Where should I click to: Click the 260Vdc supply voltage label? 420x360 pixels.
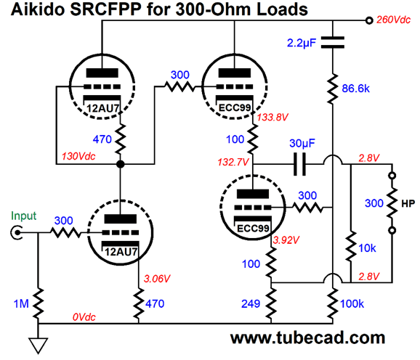[x=393, y=20]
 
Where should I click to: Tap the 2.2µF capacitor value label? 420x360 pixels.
[x=302, y=43]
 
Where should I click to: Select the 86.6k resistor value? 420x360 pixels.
[x=355, y=89]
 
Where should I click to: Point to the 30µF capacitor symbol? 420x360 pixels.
[x=299, y=164]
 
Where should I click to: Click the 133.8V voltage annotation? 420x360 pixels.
[x=272, y=117]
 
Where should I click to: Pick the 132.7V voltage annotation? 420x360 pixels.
[x=233, y=162]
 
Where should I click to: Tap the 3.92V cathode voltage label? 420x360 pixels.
[x=286, y=240]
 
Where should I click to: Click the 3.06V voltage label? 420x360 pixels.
[x=157, y=279]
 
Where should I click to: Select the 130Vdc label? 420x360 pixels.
[x=78, y=156]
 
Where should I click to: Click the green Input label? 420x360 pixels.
[x=23, y=216]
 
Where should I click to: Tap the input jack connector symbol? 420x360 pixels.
[x=16, y=233]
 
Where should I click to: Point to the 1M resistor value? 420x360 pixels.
[x=21, y=304]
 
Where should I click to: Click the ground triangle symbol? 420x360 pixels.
[x=39, y=345]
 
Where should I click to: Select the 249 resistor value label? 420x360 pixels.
[x=251, y=304]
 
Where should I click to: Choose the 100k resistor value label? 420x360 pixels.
[x=352, y=304]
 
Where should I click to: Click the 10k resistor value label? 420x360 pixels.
[x=367, y=248]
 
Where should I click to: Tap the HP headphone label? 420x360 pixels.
[x=408, y=204]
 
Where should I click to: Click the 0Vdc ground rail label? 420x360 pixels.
[x=84, y=317]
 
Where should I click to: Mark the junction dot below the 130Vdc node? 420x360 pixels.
[x=121, y=164]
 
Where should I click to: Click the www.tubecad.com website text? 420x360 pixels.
[x=307, y=337]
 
